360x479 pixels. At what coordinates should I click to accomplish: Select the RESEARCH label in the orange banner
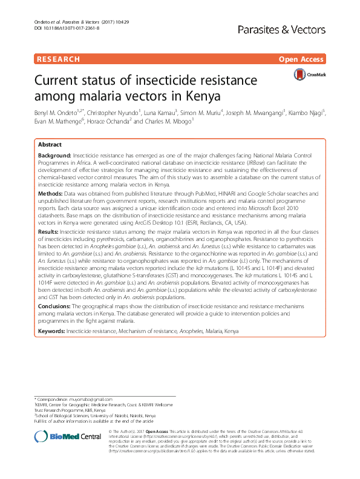(58, 59)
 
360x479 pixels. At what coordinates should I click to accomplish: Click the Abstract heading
(50, 145)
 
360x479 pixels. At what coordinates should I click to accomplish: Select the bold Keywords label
(52, 332)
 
